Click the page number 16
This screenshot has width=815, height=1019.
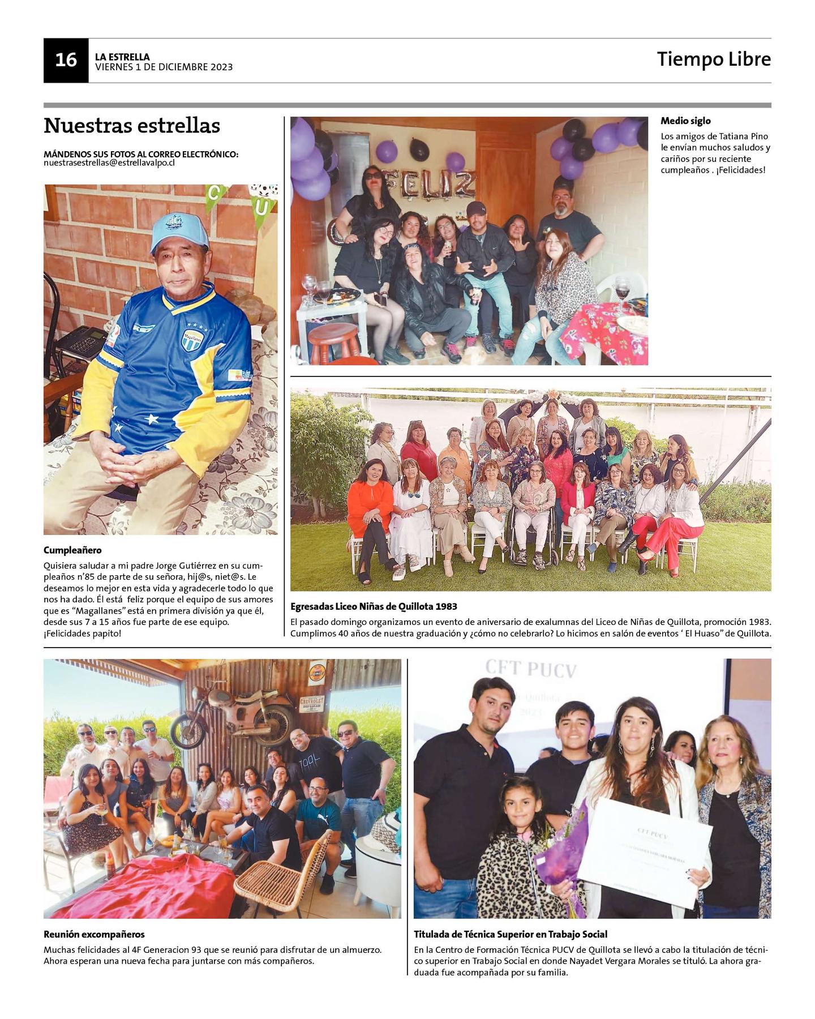pyautogui.click(x=66, y=60)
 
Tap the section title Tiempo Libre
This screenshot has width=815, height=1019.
pyautogui.click(x=713, y=59)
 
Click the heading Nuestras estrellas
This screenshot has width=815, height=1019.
pyautogui.click(x=132, y=126)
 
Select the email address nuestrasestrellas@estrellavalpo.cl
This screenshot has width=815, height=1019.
pyautogui.click(x=109, y=163)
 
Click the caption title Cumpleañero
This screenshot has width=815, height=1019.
pyautogui.click(x=72, y=550)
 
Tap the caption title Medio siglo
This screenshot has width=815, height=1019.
pyautogui.click(x=685, y=121)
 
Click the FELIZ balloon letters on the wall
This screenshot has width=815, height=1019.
pyautogui.click(x=430, y=183)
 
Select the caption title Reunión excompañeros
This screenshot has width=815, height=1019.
pyautogui.click(x=94, y=935)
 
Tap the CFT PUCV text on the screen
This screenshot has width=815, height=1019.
pyautogui.click(x=531, y=670)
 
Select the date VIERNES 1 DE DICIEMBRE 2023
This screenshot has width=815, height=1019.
pyautogui.click(x=164, y=67)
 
